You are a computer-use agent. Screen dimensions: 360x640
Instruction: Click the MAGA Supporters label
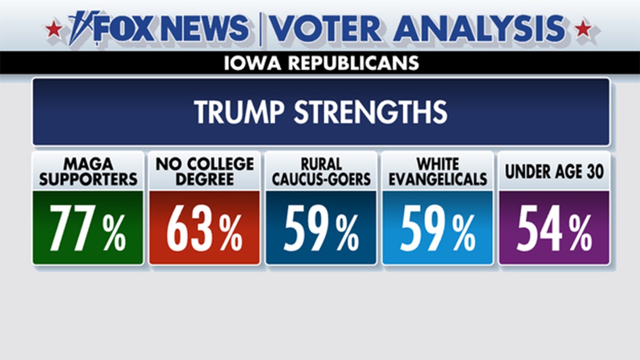(88, 172)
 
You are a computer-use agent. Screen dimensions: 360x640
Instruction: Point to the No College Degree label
(204, 172)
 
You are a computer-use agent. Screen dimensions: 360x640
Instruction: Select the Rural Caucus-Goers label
(321, 172)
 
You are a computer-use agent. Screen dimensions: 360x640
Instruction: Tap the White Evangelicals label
(437, 172)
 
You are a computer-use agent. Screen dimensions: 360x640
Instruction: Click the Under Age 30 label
(554, 172)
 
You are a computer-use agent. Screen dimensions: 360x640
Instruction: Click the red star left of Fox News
(53, 28)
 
